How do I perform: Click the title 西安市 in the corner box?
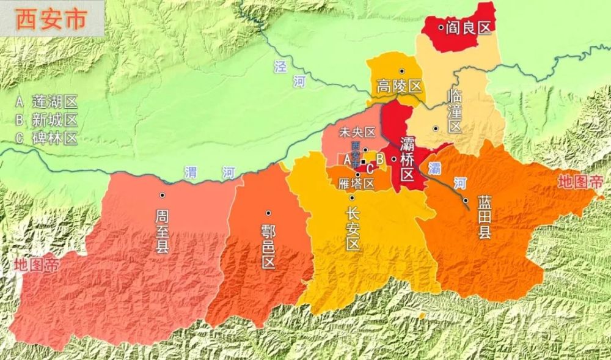point(48,21)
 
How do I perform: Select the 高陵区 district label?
point(400,86)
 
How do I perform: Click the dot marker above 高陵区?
point(401,72)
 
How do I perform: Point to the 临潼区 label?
point(455,111)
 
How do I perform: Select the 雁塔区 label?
point(356,183)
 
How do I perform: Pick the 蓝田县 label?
point(485,217)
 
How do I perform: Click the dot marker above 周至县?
point(163,195)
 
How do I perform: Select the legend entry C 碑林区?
point(46,138)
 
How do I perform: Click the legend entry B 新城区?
point(46,120)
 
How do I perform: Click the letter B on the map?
point(379,160)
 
